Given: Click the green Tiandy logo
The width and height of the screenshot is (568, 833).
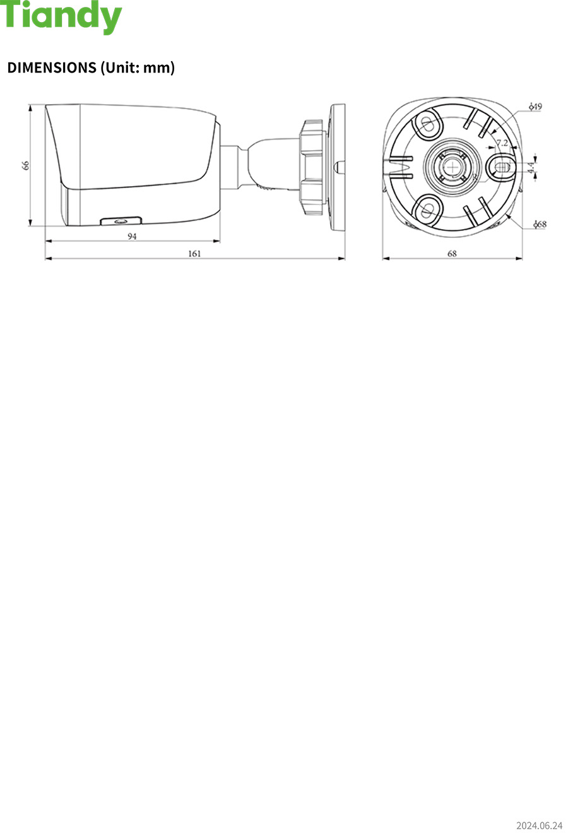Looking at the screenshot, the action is [x=61, y=17].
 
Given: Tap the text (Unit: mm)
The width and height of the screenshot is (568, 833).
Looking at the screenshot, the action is [x=138, y=68].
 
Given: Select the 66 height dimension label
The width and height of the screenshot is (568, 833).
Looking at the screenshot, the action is [x=25, y=165].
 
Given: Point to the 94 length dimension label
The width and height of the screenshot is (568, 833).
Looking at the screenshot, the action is [x=132, y=236].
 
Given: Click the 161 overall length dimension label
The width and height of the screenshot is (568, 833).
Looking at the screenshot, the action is [x=194, y=254].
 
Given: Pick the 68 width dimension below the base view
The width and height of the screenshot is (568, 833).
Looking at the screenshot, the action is [x=452, y=254].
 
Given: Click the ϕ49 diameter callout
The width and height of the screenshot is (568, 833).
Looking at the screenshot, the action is [x=536, y=107].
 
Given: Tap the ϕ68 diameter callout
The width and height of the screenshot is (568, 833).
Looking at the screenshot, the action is [x=540, y=224].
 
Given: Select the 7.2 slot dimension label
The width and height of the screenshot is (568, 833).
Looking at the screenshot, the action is [x=502, y=143].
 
